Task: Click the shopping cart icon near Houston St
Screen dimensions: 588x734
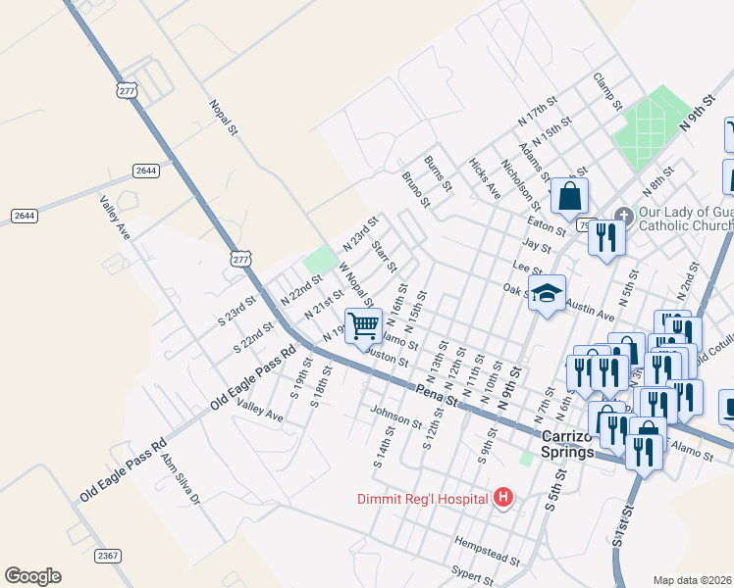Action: tap(363, 324)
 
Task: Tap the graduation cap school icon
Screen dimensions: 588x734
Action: tap(548, 291)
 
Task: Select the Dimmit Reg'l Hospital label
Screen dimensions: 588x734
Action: tap(423, 499)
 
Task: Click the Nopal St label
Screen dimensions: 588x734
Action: tap(225, 116)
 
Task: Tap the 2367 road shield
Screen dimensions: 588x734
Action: tap(109, 556)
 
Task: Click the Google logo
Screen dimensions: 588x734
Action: tap(32, 576)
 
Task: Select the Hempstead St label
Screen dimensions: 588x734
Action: tap(487, 549)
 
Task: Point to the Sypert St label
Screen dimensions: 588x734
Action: tap(471, 572)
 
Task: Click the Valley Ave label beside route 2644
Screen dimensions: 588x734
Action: tap(115, 218)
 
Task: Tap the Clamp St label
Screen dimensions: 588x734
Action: tap(608, 91)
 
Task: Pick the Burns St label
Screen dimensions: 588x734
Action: tap(438, 172)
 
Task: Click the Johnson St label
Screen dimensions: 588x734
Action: tap(396, 418)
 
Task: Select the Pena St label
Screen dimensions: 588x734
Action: tap(438, 394)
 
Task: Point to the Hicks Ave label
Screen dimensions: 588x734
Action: tap(485, 178)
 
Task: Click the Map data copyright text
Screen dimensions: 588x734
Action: tap(693, 580)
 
